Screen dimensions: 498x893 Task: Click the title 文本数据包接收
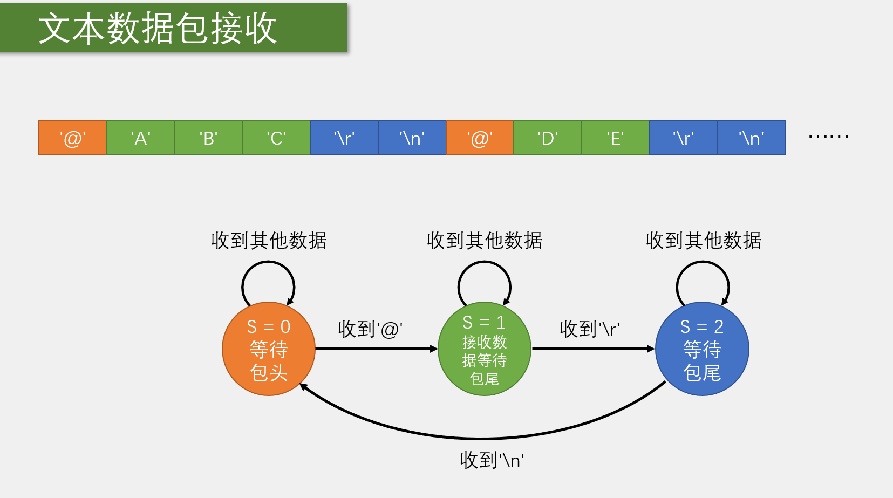click(158, 28)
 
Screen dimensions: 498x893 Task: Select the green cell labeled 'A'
click(141, 138)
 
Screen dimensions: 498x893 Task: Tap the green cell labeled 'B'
click(208, 138)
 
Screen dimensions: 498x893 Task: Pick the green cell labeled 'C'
click(276, 138)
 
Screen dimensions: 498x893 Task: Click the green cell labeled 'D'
click(548, 138)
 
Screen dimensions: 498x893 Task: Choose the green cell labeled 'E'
click(615, 138)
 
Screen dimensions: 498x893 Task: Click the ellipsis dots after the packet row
click(828, 137)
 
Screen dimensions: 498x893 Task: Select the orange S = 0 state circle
click(269, 349)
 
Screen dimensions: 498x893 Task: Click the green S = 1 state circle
click(485, 349)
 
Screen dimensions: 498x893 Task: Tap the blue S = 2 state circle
click(702, 349)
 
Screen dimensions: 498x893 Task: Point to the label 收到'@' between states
click(370, 329)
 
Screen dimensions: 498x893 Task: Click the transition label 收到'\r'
click(589, 329)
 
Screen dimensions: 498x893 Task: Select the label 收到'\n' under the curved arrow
click(492, 460)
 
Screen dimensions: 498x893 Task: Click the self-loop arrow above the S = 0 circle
click(268, 263)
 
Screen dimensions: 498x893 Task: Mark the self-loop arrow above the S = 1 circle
click(484, 263)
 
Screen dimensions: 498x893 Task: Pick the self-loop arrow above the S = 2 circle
click(703, 263)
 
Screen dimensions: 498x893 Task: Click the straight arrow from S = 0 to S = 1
click(376, 349)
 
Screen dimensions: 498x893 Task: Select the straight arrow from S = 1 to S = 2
click(593, 349)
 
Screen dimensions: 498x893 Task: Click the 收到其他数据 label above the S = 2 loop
click(703, 241)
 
